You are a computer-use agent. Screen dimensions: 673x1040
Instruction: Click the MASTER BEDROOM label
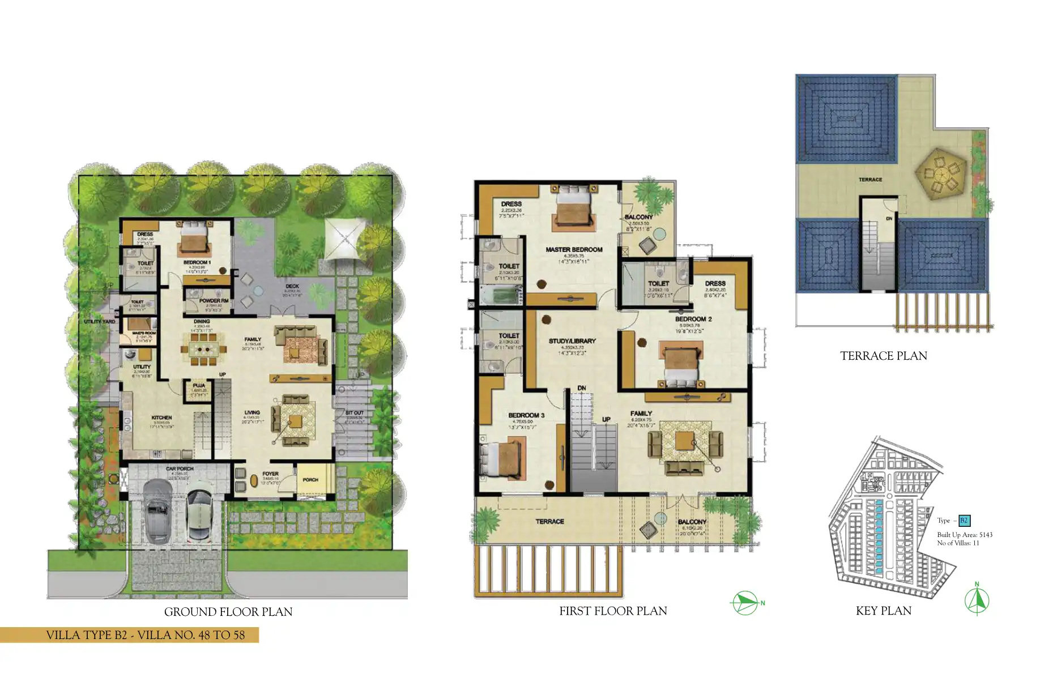click(x=574, y=250)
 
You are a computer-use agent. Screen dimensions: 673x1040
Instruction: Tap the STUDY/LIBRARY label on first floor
click(x=572, y=341)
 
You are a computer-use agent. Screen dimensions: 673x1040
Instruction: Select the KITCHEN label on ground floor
click(x=161, y=418)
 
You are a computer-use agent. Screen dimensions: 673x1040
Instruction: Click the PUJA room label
click(x=199, y=385)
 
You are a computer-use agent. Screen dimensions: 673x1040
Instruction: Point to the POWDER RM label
click(x=214, y=301)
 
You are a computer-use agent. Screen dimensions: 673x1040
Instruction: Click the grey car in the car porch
click(x=157, y=512)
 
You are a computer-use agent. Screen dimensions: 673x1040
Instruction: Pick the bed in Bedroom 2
click(x=682, y=365)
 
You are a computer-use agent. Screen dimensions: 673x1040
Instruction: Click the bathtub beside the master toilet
click(x=501, y=295)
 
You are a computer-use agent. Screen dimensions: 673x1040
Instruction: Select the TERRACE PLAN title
click(x=883, y=356)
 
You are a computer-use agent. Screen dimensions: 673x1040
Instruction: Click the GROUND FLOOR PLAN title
click(x=228, y=612)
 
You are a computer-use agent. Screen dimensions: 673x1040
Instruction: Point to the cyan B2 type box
click(x=964, y=521)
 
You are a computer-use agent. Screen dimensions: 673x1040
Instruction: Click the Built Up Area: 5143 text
click(x=964, y=535)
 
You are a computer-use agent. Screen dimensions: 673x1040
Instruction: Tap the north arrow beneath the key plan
click(x=977, y=600)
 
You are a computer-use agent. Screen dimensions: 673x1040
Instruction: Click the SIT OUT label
click(x=355, y=413)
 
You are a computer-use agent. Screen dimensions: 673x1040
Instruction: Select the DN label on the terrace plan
click(x=889, y=219)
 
